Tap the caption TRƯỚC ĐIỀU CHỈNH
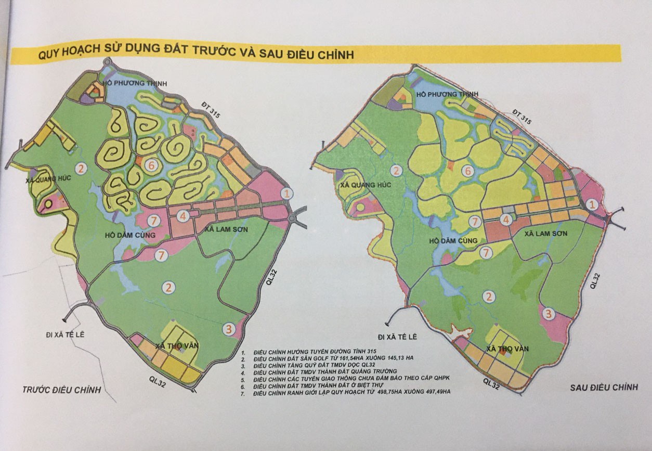(62, 390)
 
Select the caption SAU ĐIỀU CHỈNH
(604, 387)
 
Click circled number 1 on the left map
(286, 192)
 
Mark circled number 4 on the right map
(505, 220)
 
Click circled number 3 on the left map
(228, 328)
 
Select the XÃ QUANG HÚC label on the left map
(47, 181)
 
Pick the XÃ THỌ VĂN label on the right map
(506, 349)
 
